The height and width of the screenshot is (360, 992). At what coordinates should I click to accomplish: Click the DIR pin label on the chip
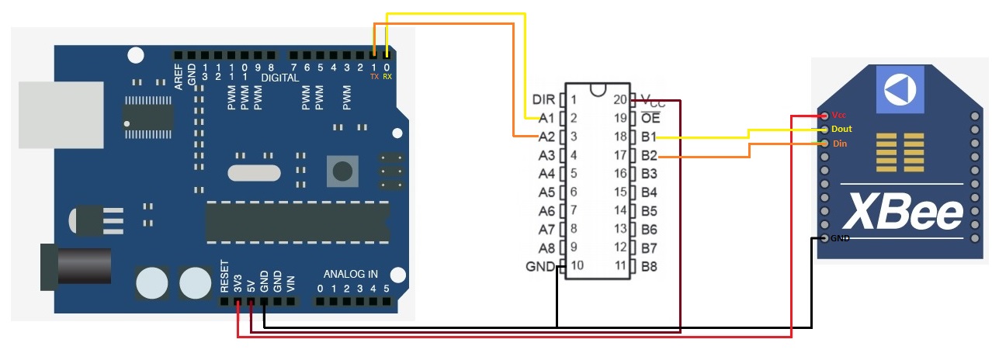(x=543, y=100)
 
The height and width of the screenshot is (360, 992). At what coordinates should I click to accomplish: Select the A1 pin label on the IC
(x=546, y=119)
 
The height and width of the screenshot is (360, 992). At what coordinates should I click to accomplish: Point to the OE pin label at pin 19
(x=650, y=119)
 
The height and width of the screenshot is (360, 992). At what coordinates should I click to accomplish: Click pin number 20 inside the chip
(x=619, y=100)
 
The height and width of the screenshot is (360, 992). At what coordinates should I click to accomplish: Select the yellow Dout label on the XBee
(x=841, y=129)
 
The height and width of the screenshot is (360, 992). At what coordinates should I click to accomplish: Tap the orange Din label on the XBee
(x=839, y=144)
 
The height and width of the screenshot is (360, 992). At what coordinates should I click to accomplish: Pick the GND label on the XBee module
(x=840, y=238)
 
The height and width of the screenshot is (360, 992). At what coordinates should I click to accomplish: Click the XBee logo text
(x=903, y=209)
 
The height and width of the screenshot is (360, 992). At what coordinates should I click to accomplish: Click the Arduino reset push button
(x=339, y=169)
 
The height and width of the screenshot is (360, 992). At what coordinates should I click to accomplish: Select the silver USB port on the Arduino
(x=61, y=114)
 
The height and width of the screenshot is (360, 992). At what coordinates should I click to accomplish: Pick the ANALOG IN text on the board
(x=351, y=274)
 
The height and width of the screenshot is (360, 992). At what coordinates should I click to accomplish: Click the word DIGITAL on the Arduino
(x=280, y=78)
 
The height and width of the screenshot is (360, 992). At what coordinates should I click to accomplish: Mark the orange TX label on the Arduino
(x=374, y=77)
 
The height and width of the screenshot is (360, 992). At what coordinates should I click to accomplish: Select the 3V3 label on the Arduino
(x=238, y=282)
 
